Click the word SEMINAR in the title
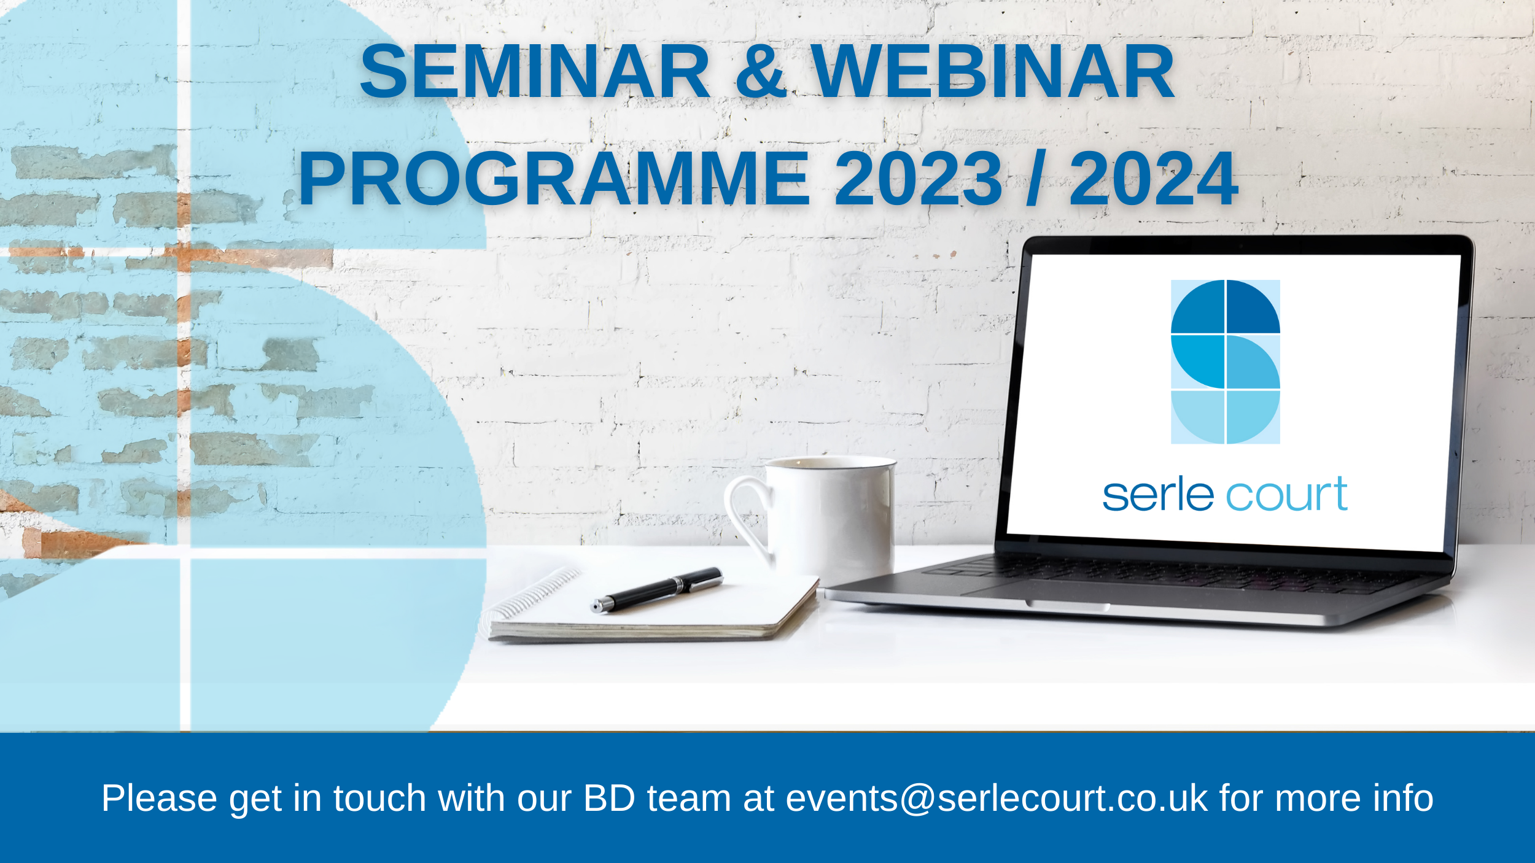[x=535, y=71]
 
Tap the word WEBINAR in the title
[x=992, y=71]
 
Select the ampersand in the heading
[x=761, y=71]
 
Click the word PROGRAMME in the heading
[x=554, y=179]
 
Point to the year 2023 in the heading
[x=919, y=179]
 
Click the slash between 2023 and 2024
[x=1036, y=179]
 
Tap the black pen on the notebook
[x=656, y=589]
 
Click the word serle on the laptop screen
[x=1158, y=495]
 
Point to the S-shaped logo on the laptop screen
[x=1226, y=362]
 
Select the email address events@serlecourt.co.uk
[x=997, y=799]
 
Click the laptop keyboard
[x=1167, y=574]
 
